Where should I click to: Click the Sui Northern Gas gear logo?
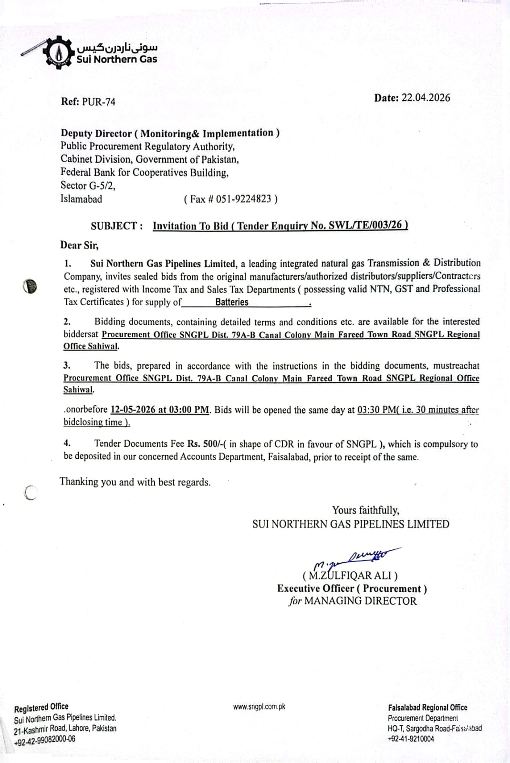tap(58, 53)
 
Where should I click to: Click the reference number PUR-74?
tap(99, 102)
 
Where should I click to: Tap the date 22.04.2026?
tap(426, 98)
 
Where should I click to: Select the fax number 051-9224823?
tap(243, 199)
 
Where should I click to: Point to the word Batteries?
tap(232, 302)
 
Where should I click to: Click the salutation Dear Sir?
tap(79, 245)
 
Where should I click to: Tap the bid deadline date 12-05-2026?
tap(133, 410)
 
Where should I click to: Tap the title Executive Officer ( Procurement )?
tap(352, 588)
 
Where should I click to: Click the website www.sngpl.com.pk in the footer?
tap(259, 706)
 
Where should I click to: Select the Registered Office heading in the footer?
tap(42, 707)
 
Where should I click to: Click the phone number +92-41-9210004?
tap(411, 739)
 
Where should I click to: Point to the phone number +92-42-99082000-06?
tap(44, 740)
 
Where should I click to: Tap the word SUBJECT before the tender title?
tap(114, 226)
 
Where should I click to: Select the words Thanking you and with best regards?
tap(135, 482)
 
